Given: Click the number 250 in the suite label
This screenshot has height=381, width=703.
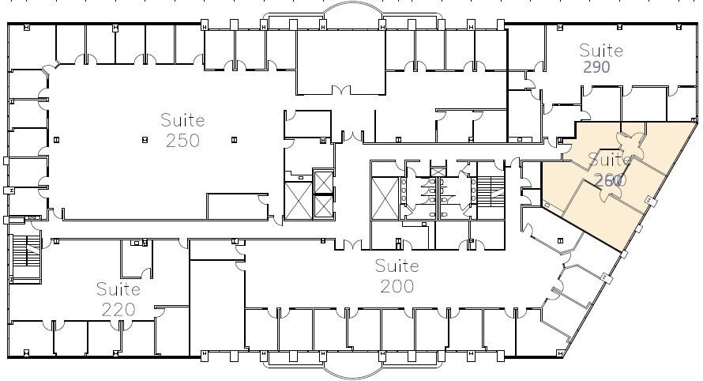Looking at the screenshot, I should pyautogui.click(x=182, y=141).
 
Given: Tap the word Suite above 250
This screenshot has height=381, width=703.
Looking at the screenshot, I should pyautogui.click(x=182, y=121).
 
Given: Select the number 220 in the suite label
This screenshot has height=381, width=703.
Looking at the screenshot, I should pyautogui.click(x=118, y=307).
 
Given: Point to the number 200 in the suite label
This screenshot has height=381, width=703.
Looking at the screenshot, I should pyautogui.click(x=396, y=285).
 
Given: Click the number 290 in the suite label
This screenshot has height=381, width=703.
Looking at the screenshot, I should pyautogui.click(x=596, y=68).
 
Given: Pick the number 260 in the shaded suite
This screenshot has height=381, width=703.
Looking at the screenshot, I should pyautogui.click(x=611, y=180).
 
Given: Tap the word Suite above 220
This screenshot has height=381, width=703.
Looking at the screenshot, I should pyautogui.click(x=118, y=289).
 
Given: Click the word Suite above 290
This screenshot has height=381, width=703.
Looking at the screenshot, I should pyautogui.click(x=601, y=51).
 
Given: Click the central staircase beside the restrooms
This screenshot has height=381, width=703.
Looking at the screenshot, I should pyautogui.click(x=491, y=188).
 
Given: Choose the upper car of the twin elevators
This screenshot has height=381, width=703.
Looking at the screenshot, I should pyautogui.click(x=324, y=181).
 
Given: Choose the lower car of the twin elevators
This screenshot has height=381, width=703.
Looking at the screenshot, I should pyautogui.click(x=324, y=206).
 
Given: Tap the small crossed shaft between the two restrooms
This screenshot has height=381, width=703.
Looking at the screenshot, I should pyautogui.click(x=437, y=171).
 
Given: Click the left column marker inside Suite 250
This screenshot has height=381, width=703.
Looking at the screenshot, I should pyautogui.click(x=145, y=140).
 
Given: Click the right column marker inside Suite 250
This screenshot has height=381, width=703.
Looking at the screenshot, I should pyautogui.click(x=234, y=140).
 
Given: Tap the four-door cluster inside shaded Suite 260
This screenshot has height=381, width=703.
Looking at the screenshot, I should pyautogui.click(x=630, y=143).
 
